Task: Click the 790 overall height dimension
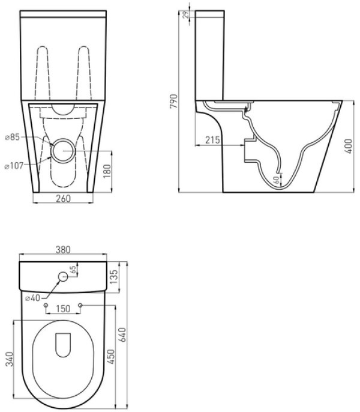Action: [173, 101]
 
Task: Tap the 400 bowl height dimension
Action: [349, 146]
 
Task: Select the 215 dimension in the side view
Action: [212, 140]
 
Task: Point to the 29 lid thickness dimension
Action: [186, 14]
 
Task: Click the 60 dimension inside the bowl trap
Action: [276, 180]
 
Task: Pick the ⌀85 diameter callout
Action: [13, 137]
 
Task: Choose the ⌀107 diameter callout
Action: [14, 166]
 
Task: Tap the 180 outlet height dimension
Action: [107, 171]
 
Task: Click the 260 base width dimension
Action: [63, 198]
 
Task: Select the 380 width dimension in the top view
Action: [63, 249]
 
